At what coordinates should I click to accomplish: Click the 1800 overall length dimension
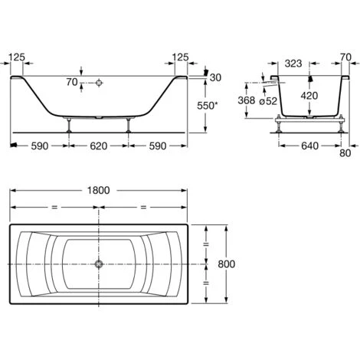(x=98, y=190)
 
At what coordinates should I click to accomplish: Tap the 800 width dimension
(x=227, y=264)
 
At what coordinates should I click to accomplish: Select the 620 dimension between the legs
(x=99, y=146)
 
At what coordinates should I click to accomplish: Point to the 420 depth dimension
(x=309, y=96)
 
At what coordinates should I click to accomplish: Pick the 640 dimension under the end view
(x=310, y=146)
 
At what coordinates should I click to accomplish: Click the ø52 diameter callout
(x=268, y=101)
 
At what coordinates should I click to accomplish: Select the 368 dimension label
(x=247, y=100)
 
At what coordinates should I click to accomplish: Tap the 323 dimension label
(x=293, y=64)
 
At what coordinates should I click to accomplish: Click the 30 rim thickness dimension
(x=215, y=77)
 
